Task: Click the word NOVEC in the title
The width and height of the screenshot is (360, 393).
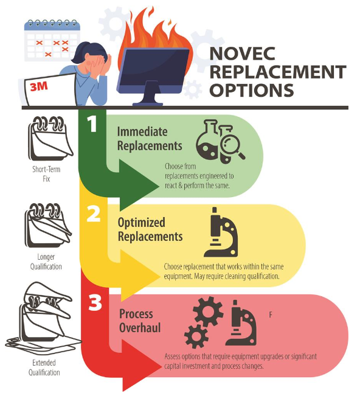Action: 242,53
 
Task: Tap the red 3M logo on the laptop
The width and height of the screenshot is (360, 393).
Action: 38,87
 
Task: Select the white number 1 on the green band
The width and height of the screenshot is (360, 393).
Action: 92,124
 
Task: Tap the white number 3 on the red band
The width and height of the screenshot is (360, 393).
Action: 95,302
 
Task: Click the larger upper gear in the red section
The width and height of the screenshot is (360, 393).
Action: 208,311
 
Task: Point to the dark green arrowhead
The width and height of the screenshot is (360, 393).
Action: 139,186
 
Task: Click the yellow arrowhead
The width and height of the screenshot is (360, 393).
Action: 140,276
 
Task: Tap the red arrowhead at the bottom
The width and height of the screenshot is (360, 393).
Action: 141,366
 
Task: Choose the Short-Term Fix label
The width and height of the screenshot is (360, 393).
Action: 46,174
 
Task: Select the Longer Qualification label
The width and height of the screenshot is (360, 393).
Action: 46,262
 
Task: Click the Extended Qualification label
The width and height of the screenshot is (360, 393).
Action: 44,367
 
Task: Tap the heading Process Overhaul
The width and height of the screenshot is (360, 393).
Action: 140,321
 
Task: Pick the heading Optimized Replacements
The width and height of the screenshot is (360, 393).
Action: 150,229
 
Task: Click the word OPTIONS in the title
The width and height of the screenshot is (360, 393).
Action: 252,90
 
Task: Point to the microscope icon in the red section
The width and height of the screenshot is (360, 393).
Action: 241,322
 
